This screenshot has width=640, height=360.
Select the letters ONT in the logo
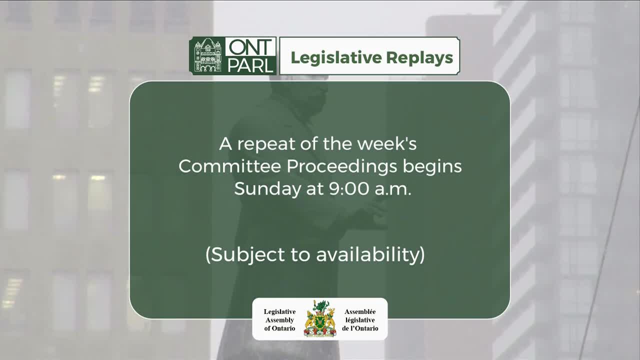pyautogui.click(x=250, y=48)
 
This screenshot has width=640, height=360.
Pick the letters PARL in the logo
pyautogui.click(x=250, y=64)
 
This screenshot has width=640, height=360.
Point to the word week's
pyautogui.click(x=388, y=144)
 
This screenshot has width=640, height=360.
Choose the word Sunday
pyautogui.click(x=262, y=188)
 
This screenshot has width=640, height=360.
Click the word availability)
pyautogui.click(x=370, y=254)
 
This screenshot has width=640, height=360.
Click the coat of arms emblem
pyautogui.click(x=320, y=318)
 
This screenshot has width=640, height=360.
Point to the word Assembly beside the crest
pyautogui.click(x=279, y=320)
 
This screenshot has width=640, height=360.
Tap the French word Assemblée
pyautogui.click(x=360, y=311)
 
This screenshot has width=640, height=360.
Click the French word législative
pyautogui.click(x=360, y=320)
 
